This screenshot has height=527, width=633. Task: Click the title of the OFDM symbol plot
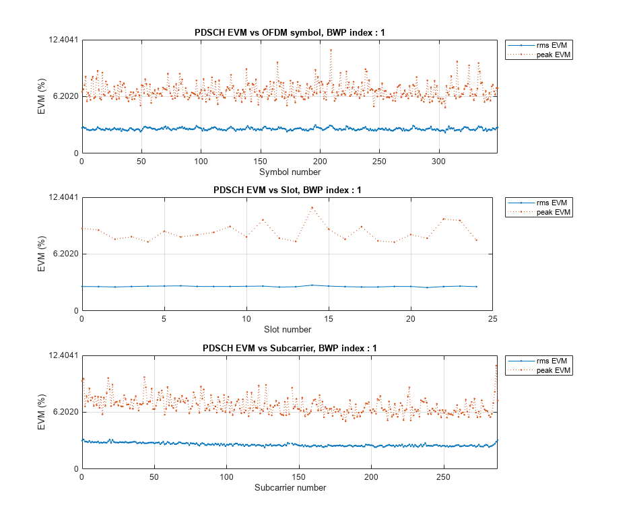pos(289,32)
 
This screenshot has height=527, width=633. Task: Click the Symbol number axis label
pos(289,172)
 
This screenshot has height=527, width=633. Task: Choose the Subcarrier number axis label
pos(290,488)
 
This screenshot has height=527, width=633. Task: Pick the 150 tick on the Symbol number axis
pos(261,162)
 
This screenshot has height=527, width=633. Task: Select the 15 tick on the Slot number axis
pos(329,319)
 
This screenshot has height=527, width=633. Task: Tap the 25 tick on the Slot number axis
pos(494,319)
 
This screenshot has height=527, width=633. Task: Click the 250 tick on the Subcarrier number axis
pos(443,477)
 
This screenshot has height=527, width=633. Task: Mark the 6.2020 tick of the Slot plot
pos(61,254)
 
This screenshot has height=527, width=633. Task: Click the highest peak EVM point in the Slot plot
pos(312,207)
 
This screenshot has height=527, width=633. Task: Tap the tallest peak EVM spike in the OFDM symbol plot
pos(331,50)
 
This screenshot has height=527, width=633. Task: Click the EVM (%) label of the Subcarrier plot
pos(42,412)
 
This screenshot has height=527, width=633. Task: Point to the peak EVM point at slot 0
pos(82,228)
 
